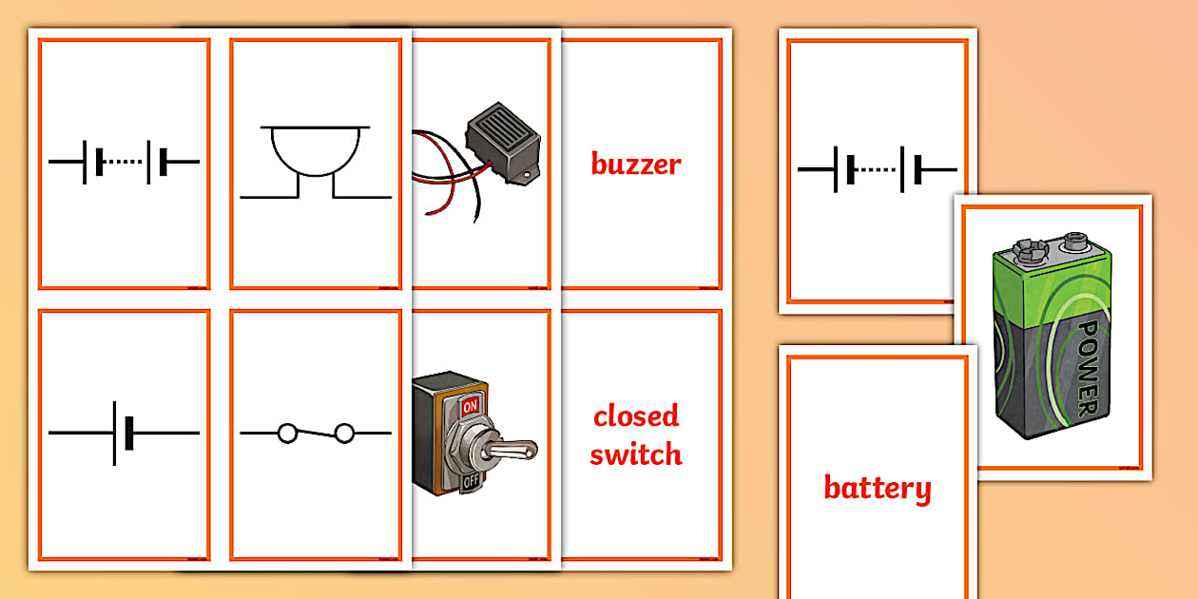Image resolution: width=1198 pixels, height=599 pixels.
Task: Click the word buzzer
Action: [x=636, y=164]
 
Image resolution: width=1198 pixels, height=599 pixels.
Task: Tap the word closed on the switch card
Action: [x=636, y=416]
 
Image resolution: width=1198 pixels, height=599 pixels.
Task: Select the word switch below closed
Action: [x=636, y=454]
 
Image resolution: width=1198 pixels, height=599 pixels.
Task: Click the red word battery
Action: [x=877, y=489]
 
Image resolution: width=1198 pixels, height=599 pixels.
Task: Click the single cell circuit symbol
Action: [x=124, y=434]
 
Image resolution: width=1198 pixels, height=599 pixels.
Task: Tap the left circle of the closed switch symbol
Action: [x=287, y=434]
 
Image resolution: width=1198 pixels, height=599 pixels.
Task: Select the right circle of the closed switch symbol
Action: [x=344, y=434]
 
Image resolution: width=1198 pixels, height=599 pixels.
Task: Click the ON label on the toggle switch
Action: [x=470, y=404]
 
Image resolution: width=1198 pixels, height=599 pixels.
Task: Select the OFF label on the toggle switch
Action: [x=470, y=482]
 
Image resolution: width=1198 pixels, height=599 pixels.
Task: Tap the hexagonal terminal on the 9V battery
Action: [x=1026, y=250]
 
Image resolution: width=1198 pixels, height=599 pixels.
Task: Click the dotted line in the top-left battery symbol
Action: [x=124, y=163]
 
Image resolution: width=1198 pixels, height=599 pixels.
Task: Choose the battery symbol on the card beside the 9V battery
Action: [x=877, y=170]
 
